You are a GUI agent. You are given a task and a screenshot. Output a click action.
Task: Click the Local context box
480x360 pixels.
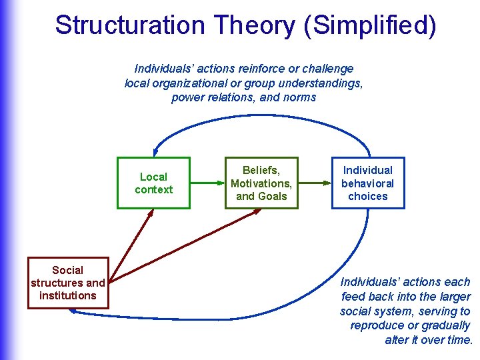[x=153, y=183]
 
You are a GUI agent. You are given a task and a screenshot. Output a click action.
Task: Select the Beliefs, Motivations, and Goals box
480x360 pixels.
[x=261, y=183]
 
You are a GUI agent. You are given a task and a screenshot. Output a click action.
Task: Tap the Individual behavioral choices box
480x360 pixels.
[x=368, y=183]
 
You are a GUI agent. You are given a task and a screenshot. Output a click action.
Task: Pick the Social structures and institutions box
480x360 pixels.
[x=68, y=283]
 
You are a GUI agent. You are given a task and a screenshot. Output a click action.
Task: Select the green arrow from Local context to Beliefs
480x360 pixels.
[x=207, y=183]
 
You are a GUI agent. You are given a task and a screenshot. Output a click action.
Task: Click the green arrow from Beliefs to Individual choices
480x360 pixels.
[x=315, y=183]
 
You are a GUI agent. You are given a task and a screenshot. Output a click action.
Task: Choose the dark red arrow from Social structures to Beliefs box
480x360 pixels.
[x=187, y=243]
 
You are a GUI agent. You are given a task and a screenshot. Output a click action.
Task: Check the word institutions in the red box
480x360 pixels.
[x=68, y=295]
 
